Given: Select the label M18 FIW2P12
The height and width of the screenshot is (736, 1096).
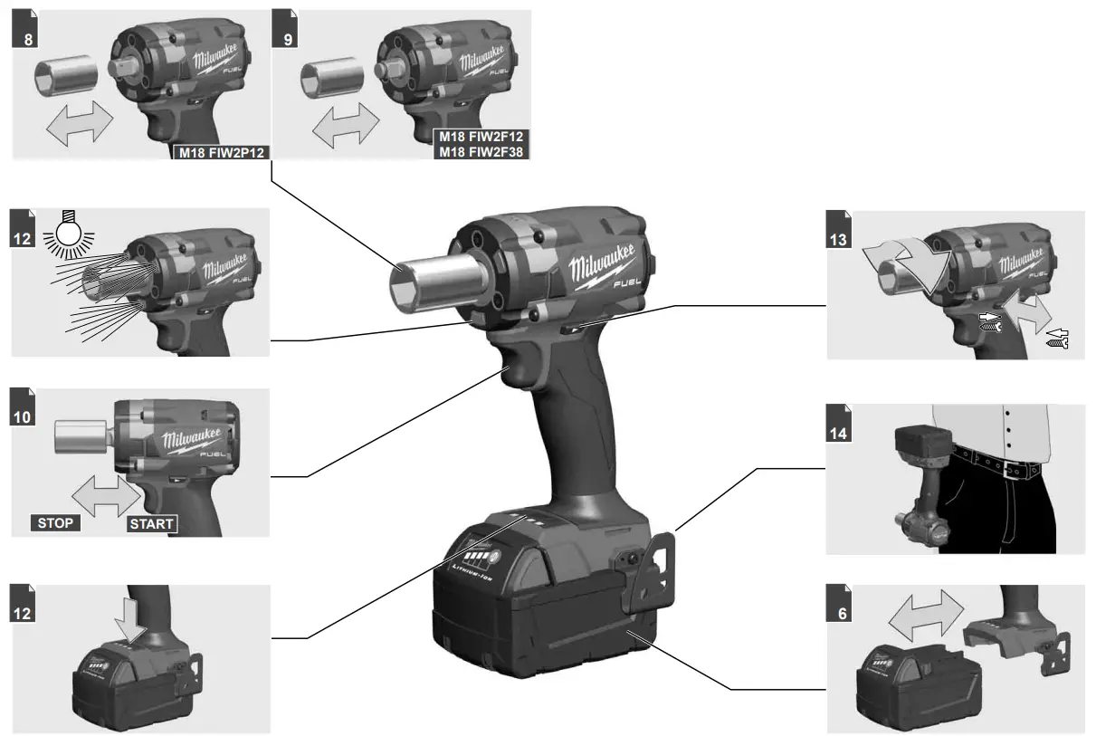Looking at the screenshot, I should click(222, 151).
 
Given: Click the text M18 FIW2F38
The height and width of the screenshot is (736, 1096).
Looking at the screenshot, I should click(481, 151).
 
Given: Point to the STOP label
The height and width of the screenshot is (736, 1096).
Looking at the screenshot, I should click(55, 522).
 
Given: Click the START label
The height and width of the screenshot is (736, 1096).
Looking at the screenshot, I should click(150, 523).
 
